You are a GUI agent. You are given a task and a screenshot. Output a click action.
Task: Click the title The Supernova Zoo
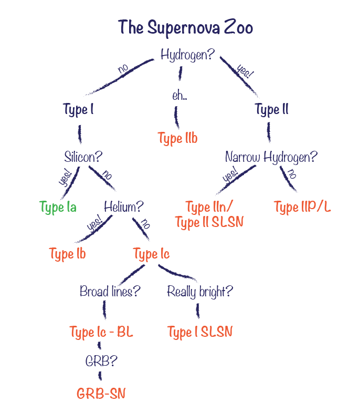(x=185, y=27)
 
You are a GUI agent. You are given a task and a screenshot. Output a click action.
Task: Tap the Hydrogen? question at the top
(x=187, y=55)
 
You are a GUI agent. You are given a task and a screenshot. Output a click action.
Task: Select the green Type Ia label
(x=58, y=207)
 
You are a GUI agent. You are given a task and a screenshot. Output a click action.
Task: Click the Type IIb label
(x=178, y=139)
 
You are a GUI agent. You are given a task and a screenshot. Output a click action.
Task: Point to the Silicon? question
(x=83, y=157)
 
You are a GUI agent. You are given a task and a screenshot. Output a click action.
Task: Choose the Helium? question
(x=124, y=206)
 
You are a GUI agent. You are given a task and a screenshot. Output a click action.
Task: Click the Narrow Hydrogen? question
(x=271, y=157)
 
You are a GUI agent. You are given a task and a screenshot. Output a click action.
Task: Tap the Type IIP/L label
(x=302, y=206)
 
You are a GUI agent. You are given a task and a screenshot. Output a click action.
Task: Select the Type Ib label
(x=68, y=254)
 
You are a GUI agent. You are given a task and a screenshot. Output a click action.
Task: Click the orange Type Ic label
(x=151, y=255)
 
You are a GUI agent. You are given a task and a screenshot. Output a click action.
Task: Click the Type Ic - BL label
(x=101, y=332)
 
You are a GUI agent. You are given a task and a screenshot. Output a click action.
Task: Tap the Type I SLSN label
(x=199, y=332)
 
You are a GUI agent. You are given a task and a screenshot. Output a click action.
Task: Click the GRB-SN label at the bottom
(x=101, y=394)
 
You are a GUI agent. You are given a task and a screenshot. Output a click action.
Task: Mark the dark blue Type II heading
(x=271, y=110)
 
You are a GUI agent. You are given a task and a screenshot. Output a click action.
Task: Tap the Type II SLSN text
(x=209, y=222)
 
